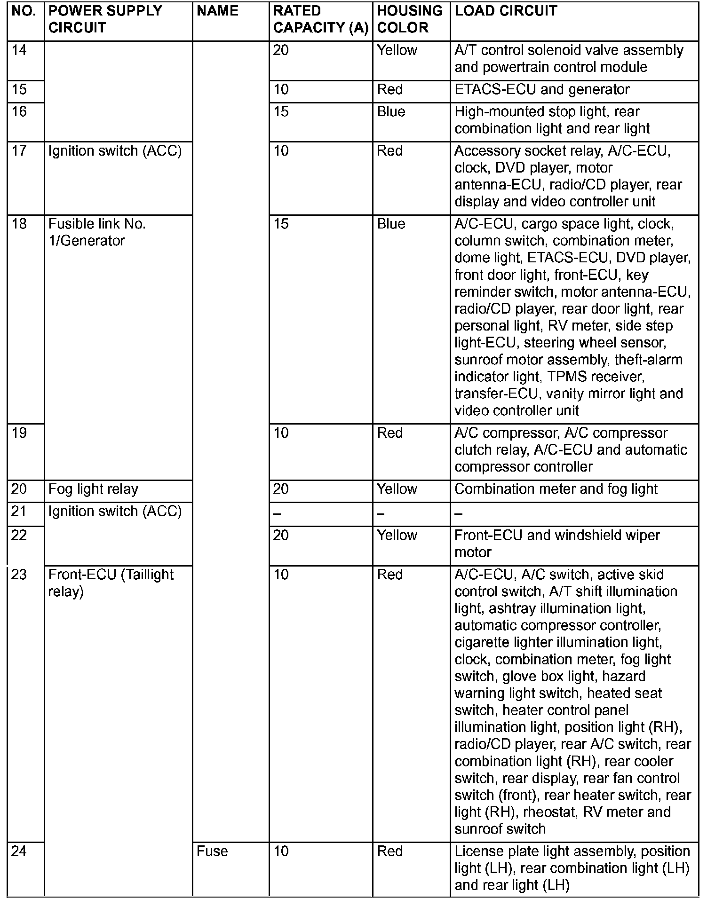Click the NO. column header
click(x=24, y=11)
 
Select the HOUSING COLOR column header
click(x=410, y=19)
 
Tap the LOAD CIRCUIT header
click(x=506, y=11)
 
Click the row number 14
click(x=19, y=50)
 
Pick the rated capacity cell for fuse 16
click(x=281, y=112)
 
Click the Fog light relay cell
click(x=93, y=489)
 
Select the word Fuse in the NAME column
click(x=212, y=851)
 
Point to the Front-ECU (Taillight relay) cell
click(x=111, y=583)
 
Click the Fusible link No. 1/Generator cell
click(x=97, y=232)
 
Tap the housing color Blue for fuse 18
click(x=391, y=224)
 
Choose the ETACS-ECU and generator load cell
click(x=542, y=90)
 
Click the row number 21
click(x=19, y=511)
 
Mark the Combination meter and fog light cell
click(x=556, y=489)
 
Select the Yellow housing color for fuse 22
click(x=397, y=536)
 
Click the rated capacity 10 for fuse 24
click(x=281, y=851)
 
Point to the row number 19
click(x=19, y=433)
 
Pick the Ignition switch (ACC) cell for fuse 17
click(x=115, y=151)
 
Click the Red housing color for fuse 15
click(x=389, y=90)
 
